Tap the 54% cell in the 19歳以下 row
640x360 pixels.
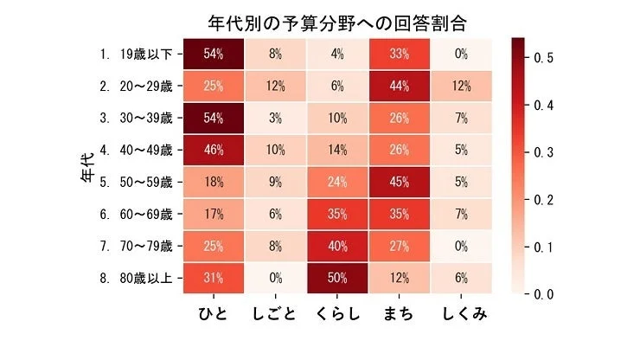(x=214, y=54)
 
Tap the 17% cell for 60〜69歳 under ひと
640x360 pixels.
(x=214, y=214)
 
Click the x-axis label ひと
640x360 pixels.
(x=214, y=312)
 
